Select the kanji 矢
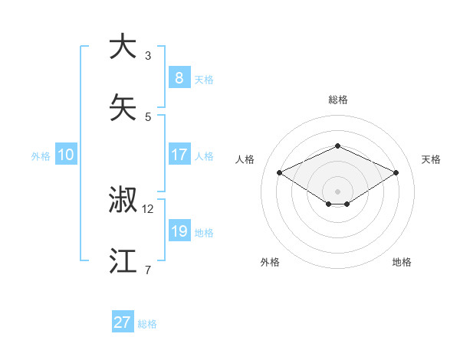click(x=123, y=106)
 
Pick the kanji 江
click(x=123, y=260)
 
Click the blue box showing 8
click(x=179, y=77)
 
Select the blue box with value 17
click(x=179, y=155)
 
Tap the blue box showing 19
click(x=179, y=231)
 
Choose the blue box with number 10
click(x=66, y=155)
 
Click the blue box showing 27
click(x=123, y=322)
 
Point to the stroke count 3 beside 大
click(x=148, y=56)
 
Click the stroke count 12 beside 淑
click(x=148, y=209)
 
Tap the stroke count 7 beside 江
click(x=148, y=270)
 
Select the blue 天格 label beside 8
click(x=204, y=79)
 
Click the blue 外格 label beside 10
click(x=41, y=155)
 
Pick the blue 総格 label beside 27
click(x=147, y=324)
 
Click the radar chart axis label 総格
click(x=337, y=100)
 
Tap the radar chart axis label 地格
click(x=402, y=262)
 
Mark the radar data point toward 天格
click(x=396, y=173)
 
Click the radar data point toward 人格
click(x=279, y=173)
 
